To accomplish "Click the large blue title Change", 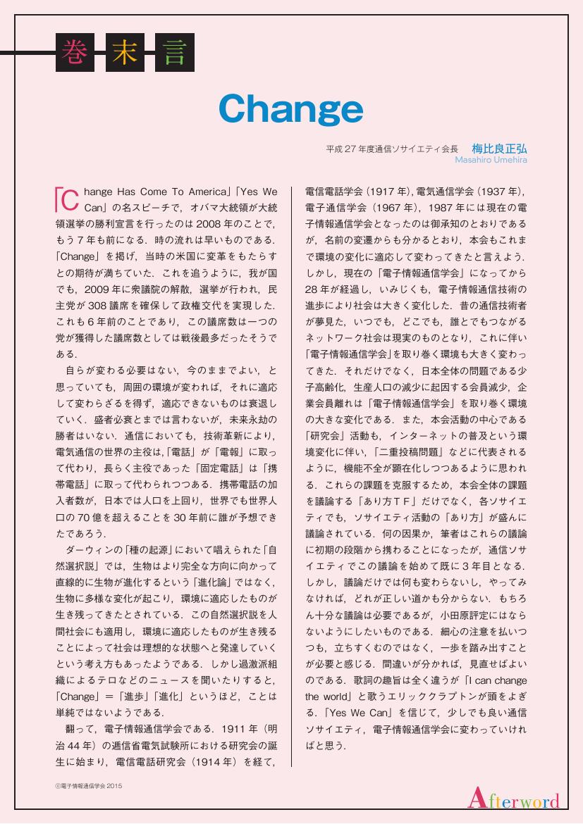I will pos(290,109).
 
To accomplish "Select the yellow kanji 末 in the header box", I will pos(123,52).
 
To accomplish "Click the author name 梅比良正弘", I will pos(499,149).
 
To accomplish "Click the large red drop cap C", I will pos(64,199).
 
